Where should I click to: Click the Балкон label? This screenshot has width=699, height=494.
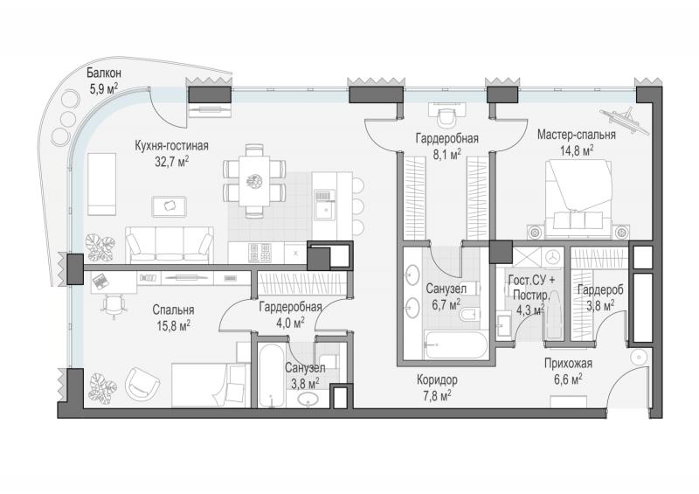coord(104,73)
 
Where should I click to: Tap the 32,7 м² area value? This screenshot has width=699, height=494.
coord(171,162)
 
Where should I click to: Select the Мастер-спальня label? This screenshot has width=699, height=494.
coord(577,135)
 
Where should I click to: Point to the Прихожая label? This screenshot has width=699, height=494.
coord(569,364)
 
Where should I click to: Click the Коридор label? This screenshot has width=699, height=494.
coord(437,380)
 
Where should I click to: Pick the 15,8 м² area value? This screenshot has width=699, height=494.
coord(173,326)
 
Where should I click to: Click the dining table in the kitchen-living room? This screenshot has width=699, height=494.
coord(254,180)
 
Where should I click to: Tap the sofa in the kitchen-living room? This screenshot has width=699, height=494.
coord(170,245)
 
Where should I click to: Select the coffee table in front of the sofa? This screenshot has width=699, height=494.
coord(169,206)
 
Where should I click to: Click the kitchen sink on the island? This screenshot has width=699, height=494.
coord(324,205)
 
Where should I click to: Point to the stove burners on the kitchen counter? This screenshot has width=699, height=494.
coord(260,253)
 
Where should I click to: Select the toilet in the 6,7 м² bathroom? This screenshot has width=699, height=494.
coord(470,314)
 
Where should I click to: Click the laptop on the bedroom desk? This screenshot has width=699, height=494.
coord(100,281)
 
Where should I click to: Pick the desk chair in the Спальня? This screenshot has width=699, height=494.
coord(114,306)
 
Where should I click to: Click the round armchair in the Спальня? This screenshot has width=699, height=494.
coord(142,383)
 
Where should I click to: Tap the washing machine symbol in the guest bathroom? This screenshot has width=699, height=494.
coord(553,257)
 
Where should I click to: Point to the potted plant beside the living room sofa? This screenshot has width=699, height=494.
coord(100,247)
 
